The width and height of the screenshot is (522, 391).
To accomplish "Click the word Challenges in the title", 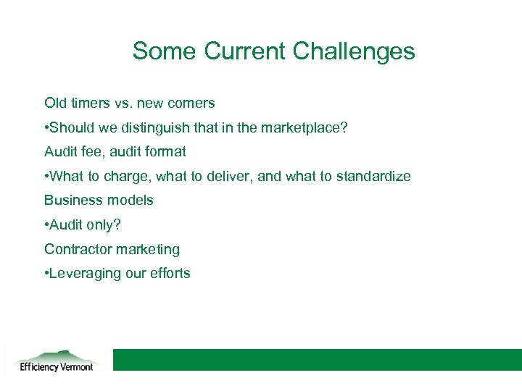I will [x=354, y=51].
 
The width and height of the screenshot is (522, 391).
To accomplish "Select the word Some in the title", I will [x=165, y=51].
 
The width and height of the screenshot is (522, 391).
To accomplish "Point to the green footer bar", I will [x=317, y=360].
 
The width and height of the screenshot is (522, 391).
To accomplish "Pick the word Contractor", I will [x=78, y=249].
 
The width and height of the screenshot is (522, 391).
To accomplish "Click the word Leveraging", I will [x=83, y=273].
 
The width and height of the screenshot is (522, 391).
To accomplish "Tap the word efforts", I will [x=170, y=273].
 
